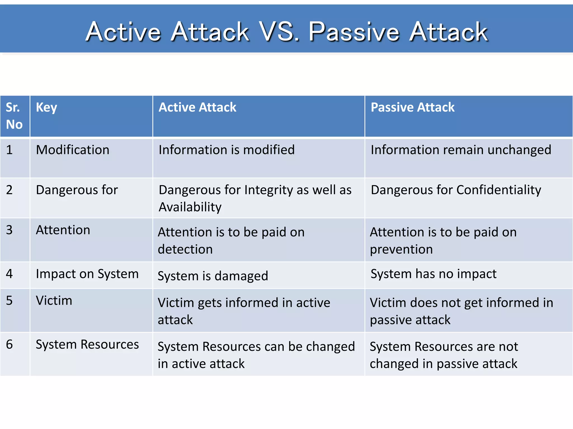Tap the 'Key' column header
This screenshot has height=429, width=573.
click(x=46, y=108)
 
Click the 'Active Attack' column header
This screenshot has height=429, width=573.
click(x=198, y=108)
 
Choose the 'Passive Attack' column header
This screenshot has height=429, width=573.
click(x=412, y=108)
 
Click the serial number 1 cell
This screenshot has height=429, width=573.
click(x=10, y=150)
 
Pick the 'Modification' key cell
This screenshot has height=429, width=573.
click(x=73, y=150)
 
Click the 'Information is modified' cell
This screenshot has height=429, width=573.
click(x=227, y=150)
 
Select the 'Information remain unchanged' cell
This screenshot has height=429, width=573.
click(x=461, y=150)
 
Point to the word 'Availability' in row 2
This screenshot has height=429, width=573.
click(x=190, y=207)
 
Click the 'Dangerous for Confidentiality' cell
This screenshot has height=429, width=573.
click(x=456, y=190)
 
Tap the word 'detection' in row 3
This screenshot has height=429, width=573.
click(x=185, y=249)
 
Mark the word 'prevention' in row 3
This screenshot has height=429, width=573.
click(x=401, y=249)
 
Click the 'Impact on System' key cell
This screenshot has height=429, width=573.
click(x=87, y=274)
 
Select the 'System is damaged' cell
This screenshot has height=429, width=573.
click(x=213, y=276)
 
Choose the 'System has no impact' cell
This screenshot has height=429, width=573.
click(x=434, y=274)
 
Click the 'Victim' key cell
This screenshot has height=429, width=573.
click(x=54, y=301)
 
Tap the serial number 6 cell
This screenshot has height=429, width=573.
click(x=10, y=344)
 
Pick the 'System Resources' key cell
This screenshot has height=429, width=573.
click(x=87, y=345)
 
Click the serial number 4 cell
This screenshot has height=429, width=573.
click(x=10, y=274)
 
